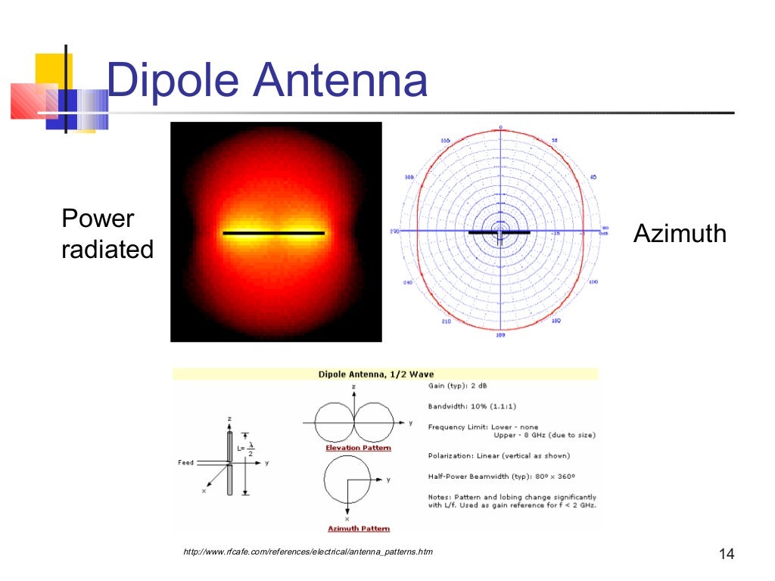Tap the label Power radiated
[x=107, y=234]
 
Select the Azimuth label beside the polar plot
[x=680, y=234]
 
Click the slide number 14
[x=726, y=555]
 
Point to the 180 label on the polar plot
[x=500, y=334]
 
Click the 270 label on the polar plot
[x=394, y=231]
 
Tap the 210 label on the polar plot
[x=446, y=321]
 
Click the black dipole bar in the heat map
[x=274, y=233]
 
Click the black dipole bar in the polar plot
[x=499, y=232]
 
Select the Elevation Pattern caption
[x=358, y=448]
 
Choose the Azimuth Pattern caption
[x=358, y=528]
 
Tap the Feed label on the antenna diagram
[x=185, y=462]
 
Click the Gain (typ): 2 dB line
[x=461, y=385]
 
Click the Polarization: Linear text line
[x=499, y=455]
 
